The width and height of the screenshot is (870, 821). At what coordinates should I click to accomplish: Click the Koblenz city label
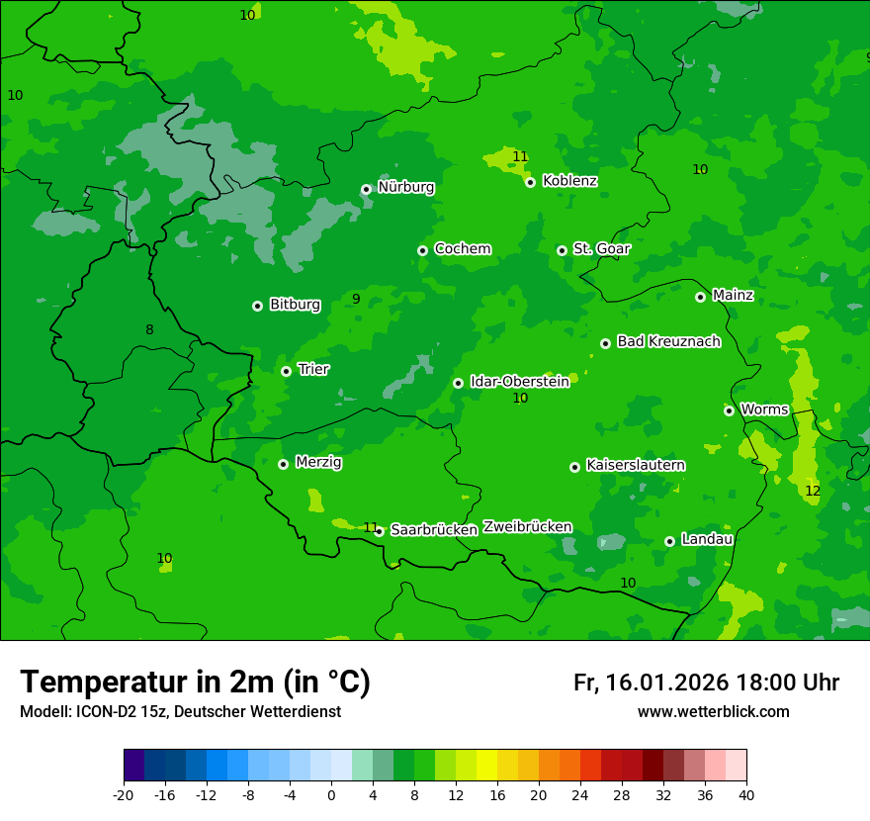(569, 181)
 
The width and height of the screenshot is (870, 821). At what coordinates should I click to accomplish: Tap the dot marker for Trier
(286, 371)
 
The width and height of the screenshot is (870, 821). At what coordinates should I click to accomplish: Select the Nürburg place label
(405, 187)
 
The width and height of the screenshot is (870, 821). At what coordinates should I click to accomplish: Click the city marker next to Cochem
(422, 250)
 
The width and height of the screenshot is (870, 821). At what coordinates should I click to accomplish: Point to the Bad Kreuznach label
(668, 341)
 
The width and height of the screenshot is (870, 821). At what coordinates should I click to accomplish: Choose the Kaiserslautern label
(636, 465)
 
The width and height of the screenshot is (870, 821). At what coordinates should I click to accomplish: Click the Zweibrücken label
(527, 526)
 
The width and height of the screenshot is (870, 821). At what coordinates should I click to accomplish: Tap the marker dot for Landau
(669, 541)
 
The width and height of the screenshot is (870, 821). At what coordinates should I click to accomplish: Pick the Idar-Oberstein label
(519, 381)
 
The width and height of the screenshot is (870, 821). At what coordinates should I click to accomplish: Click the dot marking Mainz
(700, 297)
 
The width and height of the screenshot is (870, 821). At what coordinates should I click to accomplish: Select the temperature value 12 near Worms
(813, 491)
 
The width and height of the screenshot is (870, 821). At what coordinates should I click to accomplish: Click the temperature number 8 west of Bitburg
(149, 329)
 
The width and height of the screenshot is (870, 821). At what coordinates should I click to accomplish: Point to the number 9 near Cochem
(356, 299)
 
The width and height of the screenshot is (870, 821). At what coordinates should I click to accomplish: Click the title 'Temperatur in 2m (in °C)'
(195, 683)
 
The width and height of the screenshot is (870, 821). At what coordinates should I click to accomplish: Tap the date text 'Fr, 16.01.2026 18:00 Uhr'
(706, 683)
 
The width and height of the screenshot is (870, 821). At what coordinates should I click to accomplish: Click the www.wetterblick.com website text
(713, 712)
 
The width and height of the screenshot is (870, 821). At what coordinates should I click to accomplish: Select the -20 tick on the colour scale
(124, 794)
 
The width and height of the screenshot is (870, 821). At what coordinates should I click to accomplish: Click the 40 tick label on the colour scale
(746, 794)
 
